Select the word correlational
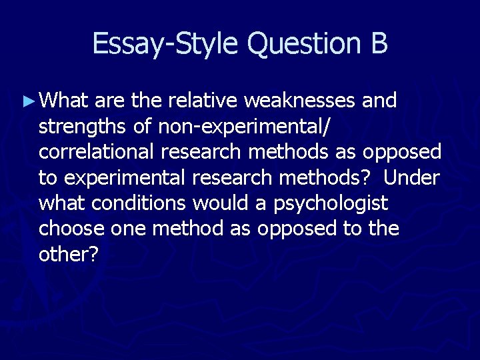pyautogui.click(x=97, y=152)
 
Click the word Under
pyautogui.click(x=413, y=178)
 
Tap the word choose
pyautogui.click(x=71, y=229)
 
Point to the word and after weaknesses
pyautogui.click(x=379, y=101)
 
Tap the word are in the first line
pyautogui.click(x=110, y=101)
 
